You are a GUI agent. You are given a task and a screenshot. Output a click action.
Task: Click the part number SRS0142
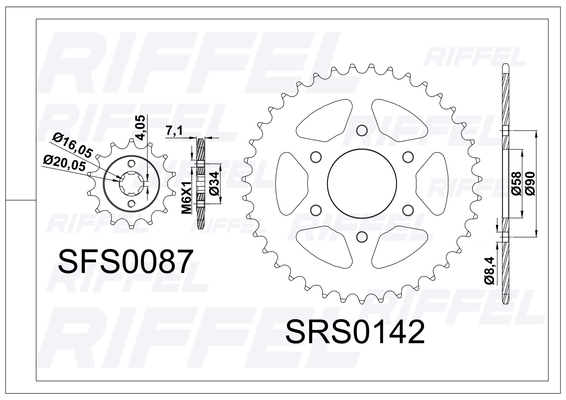click(x=355, y=332)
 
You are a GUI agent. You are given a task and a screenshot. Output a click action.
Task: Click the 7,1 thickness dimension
click(x=174, y=130)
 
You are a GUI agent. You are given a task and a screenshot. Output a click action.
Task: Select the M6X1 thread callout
click(x=186, y=197)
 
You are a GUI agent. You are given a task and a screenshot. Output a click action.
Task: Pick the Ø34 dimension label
click(x=214, y=184)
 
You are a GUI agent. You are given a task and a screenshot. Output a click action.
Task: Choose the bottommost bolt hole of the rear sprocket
click(x=361, y=236)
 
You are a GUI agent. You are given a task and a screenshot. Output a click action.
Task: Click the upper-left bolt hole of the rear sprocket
click(x=315, y=156)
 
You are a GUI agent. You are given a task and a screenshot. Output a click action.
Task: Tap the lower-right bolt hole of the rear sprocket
click(x=407, y=209)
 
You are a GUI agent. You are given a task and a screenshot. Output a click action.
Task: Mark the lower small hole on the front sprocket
click(x=131, y=203)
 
